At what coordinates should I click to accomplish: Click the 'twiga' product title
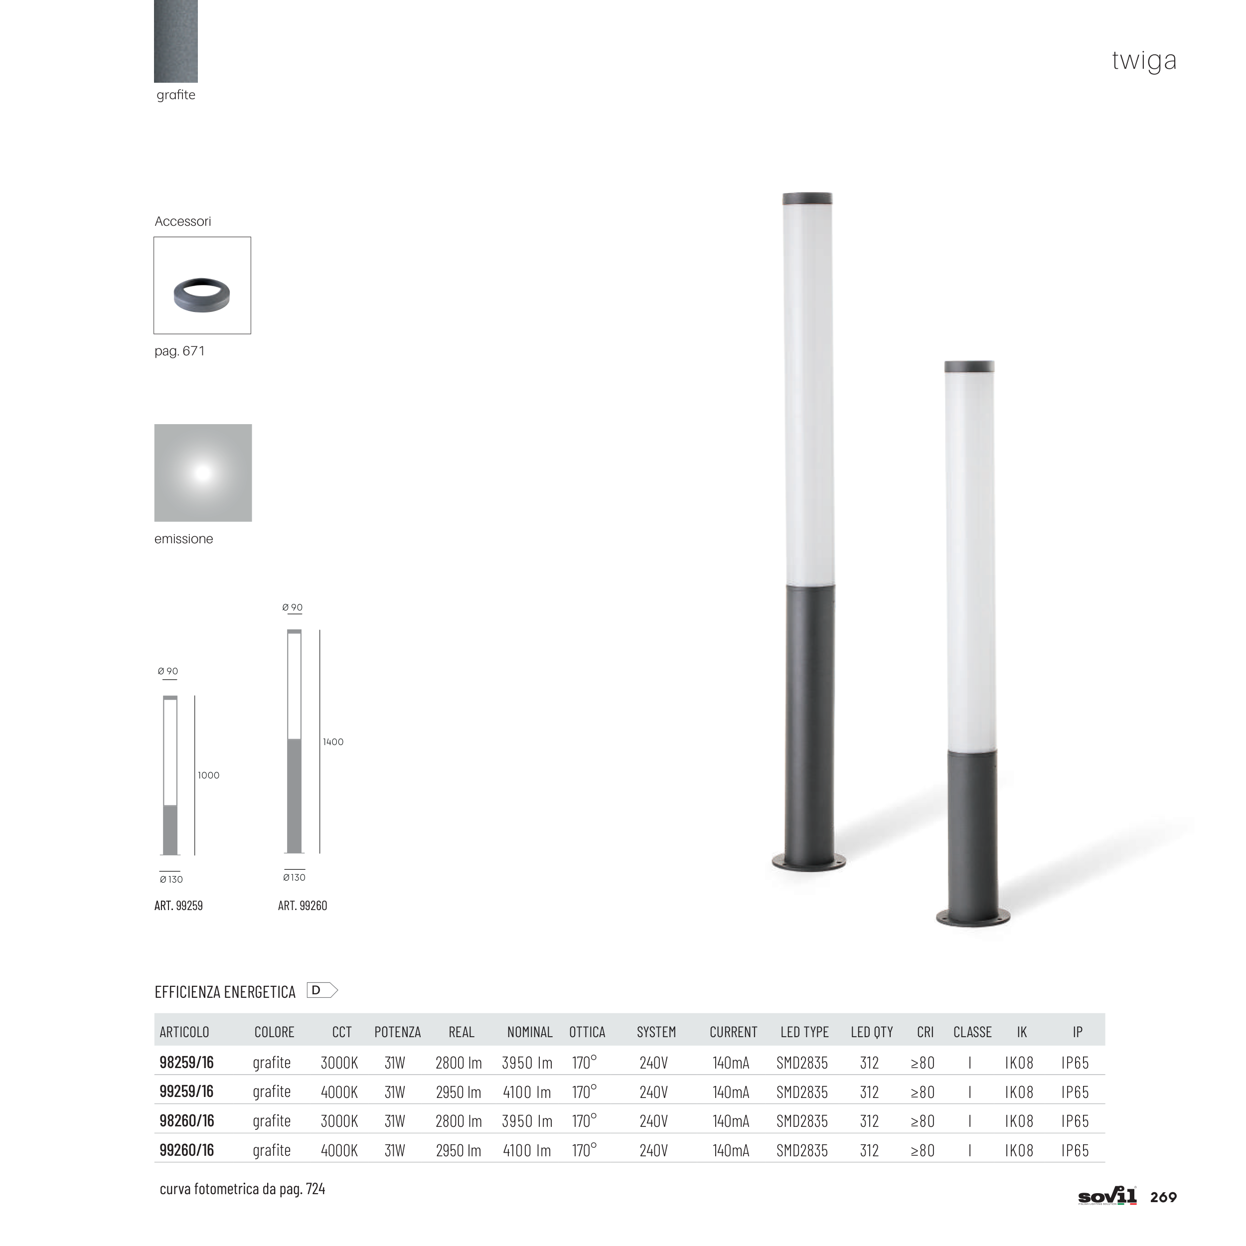click(x=1144, y=61)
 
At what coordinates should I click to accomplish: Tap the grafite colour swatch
click(x=175, y=41)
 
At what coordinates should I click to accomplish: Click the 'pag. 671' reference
click(x=179, y=351)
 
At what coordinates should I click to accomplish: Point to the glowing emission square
click(x=202, y=472)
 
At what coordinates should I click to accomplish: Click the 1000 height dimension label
click(x=208, y=775)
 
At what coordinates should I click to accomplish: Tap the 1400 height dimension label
click(x=333, y=742)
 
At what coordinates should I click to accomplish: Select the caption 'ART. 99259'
click(x=178, y=906)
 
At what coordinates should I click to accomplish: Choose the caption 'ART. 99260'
click(x=303, y=906)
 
